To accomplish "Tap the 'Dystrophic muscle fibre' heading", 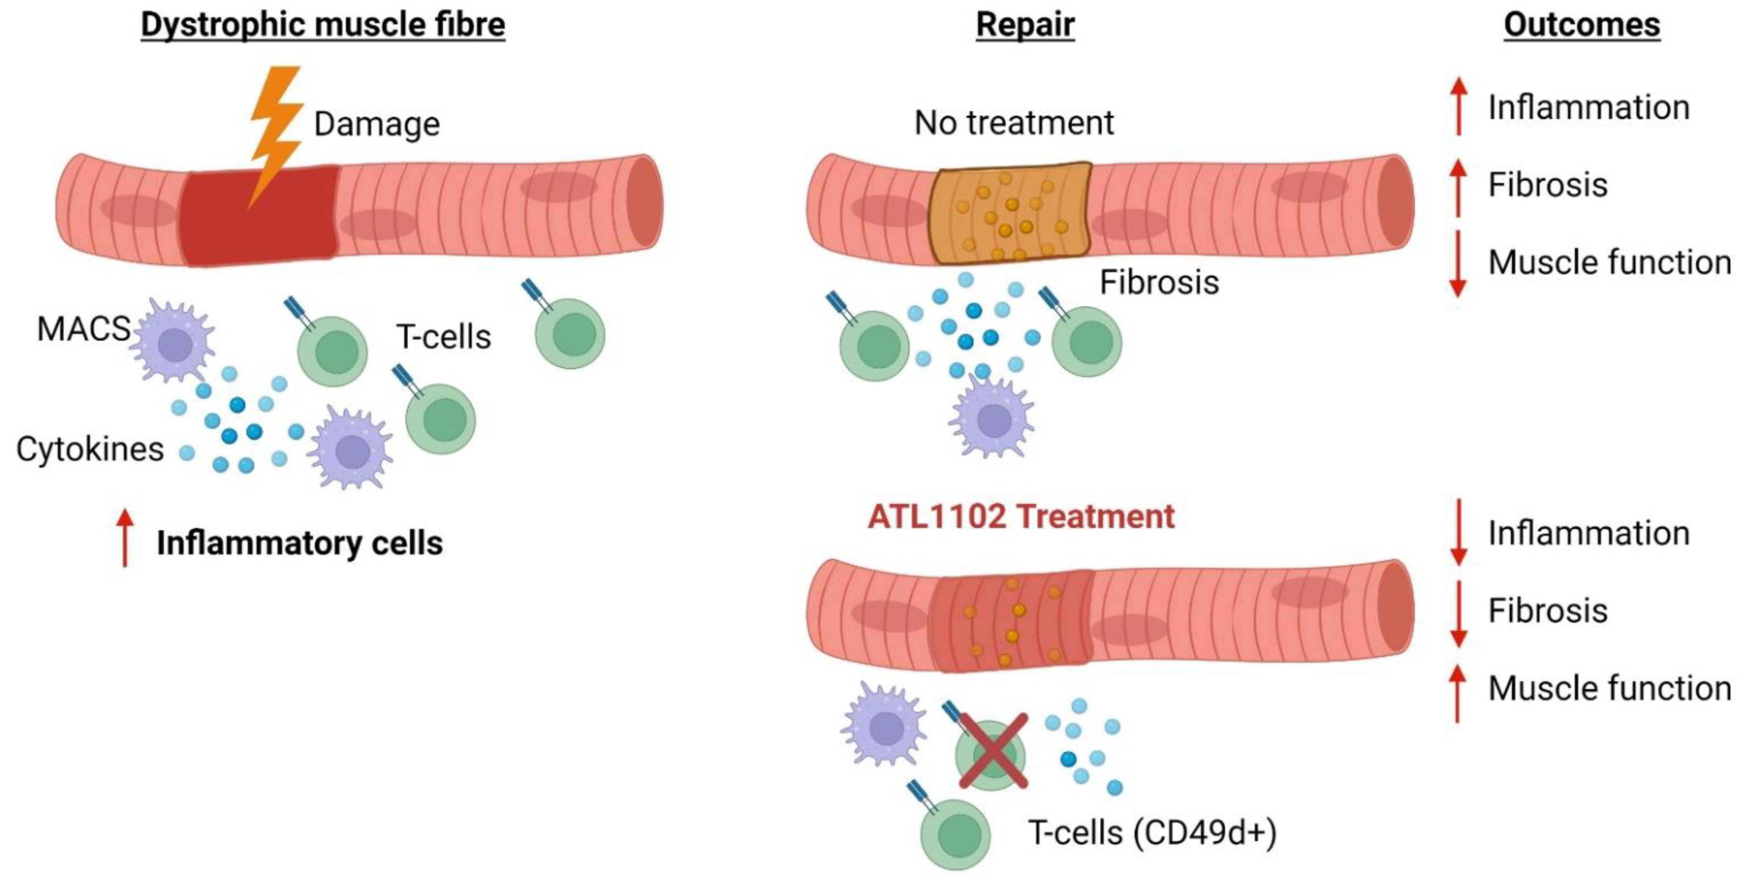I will pyautogui.click(x=323, y=25).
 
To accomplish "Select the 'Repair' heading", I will pyautogui.click(x=1024, y=25).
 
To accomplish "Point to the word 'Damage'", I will pyautogui.click(x=377, y=124).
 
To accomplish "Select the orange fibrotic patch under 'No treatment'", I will pyautogui.click(x=1009, y=212).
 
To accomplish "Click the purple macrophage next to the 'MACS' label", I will pyautogui.click(x=175, y=342).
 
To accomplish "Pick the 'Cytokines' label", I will pyautogui.click(x=90, y=449).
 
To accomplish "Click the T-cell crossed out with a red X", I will pyautogui.click(x=992, y=754).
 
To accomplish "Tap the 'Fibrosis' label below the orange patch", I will pyautogui.click(x=1158, y=282).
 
